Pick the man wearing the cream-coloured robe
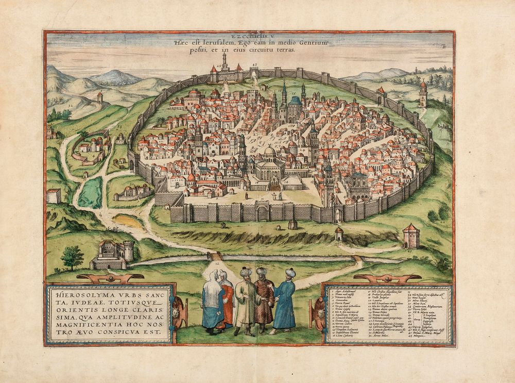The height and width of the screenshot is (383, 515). point(244,302)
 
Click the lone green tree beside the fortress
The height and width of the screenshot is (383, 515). point(72,256)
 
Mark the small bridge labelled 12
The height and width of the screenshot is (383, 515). point(215,256)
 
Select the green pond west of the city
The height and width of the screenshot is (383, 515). point(91,192)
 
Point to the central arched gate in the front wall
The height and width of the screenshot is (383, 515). point(263,212)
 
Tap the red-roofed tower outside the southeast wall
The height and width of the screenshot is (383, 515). point(411,236)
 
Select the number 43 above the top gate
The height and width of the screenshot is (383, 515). point(254,65)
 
